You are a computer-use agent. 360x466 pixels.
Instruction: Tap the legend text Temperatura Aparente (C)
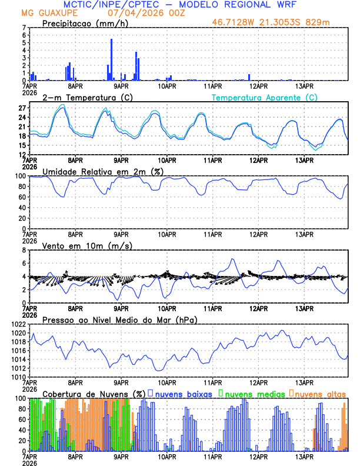[264, 97]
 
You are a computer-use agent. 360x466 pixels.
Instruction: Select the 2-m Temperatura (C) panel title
[88, 97]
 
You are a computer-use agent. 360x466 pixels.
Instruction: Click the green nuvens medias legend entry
[252, 393]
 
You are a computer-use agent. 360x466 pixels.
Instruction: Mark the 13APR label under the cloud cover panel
[304, 457]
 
